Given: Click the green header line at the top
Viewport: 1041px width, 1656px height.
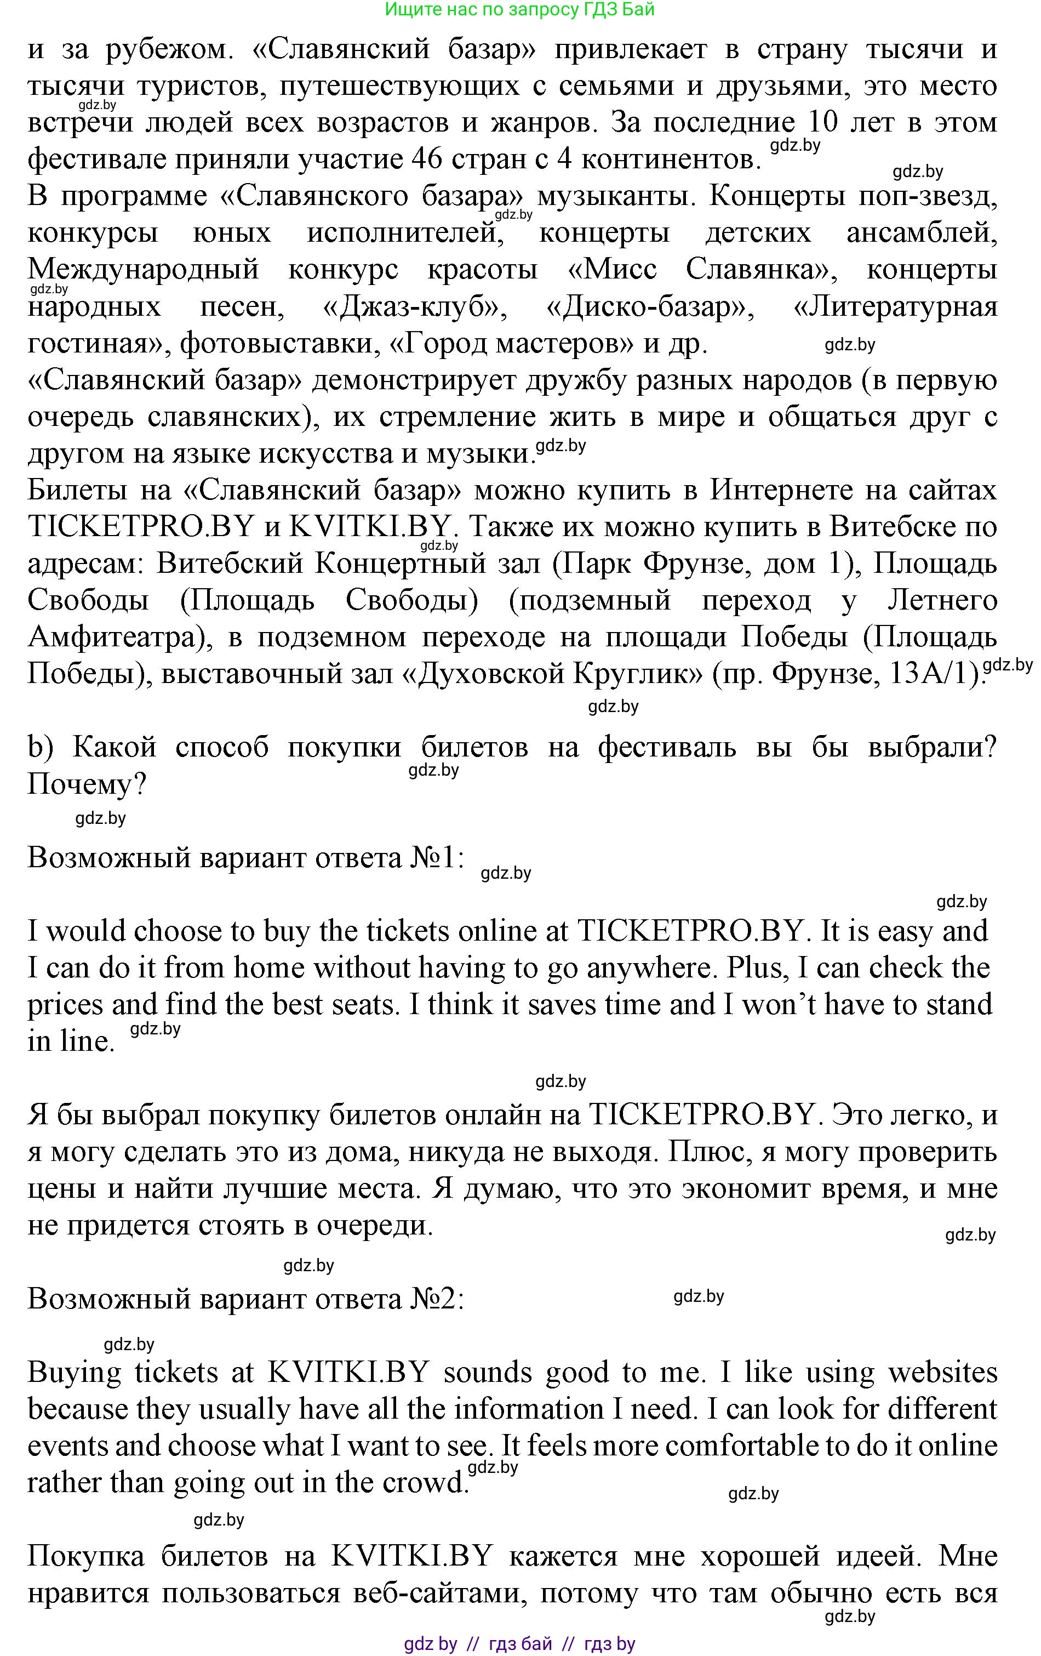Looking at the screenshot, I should tap(520, 10).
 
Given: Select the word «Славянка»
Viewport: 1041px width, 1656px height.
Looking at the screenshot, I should tap(758, 269).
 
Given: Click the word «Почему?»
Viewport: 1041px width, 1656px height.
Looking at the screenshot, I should tap(87, 784).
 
